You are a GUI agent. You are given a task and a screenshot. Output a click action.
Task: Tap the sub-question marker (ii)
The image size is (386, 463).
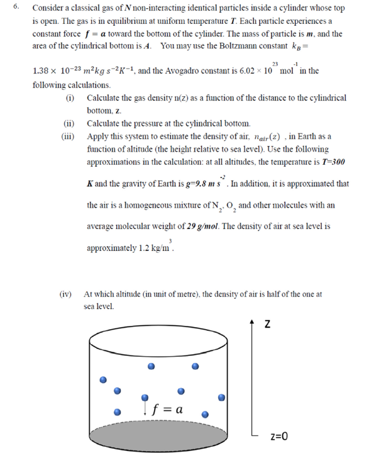pos(70,123)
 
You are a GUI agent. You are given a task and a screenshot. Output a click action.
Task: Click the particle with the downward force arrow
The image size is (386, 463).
pos(145,398)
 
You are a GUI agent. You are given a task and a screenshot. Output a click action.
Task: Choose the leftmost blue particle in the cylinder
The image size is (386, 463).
pos(104,379)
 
